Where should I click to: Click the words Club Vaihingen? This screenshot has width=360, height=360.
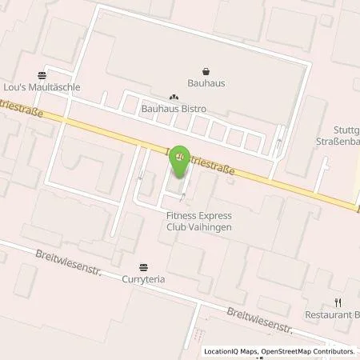click(197, 226)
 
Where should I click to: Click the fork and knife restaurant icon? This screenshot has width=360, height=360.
click(338, 302)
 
